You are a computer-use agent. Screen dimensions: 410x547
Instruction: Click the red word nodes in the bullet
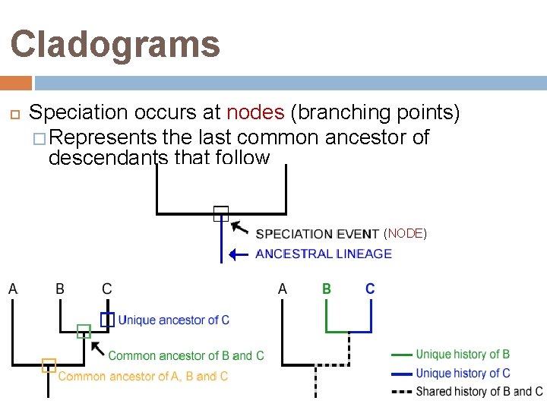point(255,113)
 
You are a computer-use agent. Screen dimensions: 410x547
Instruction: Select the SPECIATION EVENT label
point(317,234)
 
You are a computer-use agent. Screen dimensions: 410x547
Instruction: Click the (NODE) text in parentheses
point(405,233)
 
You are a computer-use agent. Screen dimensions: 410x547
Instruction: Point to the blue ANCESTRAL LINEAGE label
point(324,254)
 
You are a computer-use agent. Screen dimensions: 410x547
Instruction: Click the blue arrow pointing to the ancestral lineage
point(239,254)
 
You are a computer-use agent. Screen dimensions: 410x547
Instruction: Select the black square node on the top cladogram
point(220,213)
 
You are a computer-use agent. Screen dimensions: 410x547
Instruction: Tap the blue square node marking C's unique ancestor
point(107,320)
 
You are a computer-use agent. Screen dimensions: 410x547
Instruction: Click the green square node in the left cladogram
point(84,331)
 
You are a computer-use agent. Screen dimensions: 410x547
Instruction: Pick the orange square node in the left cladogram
point(49,365)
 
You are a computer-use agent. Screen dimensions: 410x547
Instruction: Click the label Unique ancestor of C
point(173,320)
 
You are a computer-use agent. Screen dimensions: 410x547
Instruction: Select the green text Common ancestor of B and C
point(186,355)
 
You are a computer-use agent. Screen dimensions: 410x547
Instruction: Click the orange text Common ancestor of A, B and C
point(143,376)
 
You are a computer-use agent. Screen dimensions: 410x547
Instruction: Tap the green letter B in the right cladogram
point(327,289)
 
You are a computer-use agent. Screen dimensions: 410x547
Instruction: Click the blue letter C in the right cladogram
point(370,289)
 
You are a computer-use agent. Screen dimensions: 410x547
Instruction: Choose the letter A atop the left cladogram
point(13,289)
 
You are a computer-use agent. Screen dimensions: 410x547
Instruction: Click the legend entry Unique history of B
point(463,354)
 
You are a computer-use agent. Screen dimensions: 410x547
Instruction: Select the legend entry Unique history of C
point(463,373)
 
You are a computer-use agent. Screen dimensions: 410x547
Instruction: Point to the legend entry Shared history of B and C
point(479,392)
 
